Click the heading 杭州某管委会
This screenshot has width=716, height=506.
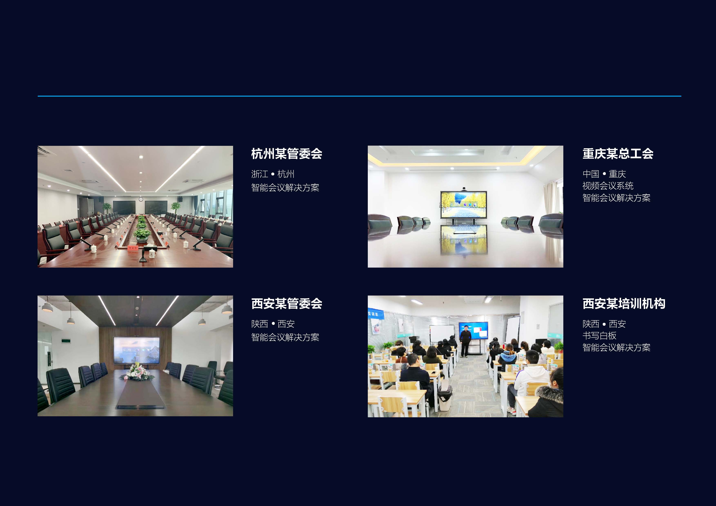click(287, 154)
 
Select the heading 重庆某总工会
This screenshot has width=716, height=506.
click(618, 154)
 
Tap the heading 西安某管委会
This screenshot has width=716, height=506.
click(287, 303)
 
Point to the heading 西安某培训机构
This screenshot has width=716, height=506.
click(624, 303)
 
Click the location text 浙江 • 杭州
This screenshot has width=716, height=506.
click(273, 174)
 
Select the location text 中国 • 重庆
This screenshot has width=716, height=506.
click(604, 174)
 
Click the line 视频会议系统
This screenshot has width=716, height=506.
click(608, 186)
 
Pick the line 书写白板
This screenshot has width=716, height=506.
click(599, 335)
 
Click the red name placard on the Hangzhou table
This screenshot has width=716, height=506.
click(132, 248)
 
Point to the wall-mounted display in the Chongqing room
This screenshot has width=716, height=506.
click(463, 204)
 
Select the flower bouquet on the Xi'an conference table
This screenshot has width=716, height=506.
click(137, 372)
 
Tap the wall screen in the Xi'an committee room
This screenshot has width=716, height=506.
click(137, 350)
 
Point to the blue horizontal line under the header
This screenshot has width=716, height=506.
click(359, 96)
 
